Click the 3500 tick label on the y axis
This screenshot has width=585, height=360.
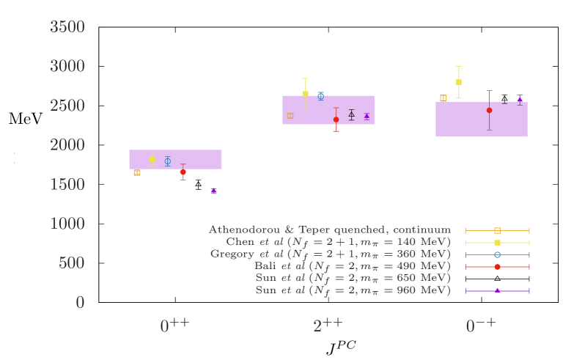(x=67, y=27)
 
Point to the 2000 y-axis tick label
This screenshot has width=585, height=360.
(x=67, y=145)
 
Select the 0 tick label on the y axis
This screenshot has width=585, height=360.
(x=80, y=302)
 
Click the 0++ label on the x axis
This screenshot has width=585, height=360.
(x=174, y=326)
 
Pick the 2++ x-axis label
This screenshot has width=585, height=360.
(x=328, y=326)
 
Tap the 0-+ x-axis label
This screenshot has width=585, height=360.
(x=481, y=326)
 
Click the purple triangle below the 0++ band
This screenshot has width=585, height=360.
(x=213, y=191)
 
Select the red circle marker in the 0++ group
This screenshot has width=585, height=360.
(x=183, y=172)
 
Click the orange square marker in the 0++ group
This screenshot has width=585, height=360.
(x=137, y=173)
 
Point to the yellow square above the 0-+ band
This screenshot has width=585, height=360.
(x=458, y=82)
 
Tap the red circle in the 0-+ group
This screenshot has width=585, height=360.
(x=489, y=110)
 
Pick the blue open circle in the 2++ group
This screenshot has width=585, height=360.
(x=320, y=96)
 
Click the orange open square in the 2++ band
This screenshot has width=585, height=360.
(x=290, y=116)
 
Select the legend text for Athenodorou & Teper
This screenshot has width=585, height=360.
(x=329, y=230)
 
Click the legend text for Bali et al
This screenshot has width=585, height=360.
(x=352, y=266)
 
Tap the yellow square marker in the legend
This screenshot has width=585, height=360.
(x=497, y=243)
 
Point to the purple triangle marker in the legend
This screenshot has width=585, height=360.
(x=497, y=291)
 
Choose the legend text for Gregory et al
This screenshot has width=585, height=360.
(x=330, y=254)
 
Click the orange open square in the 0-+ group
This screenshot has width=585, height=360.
(x=443, y=98)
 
